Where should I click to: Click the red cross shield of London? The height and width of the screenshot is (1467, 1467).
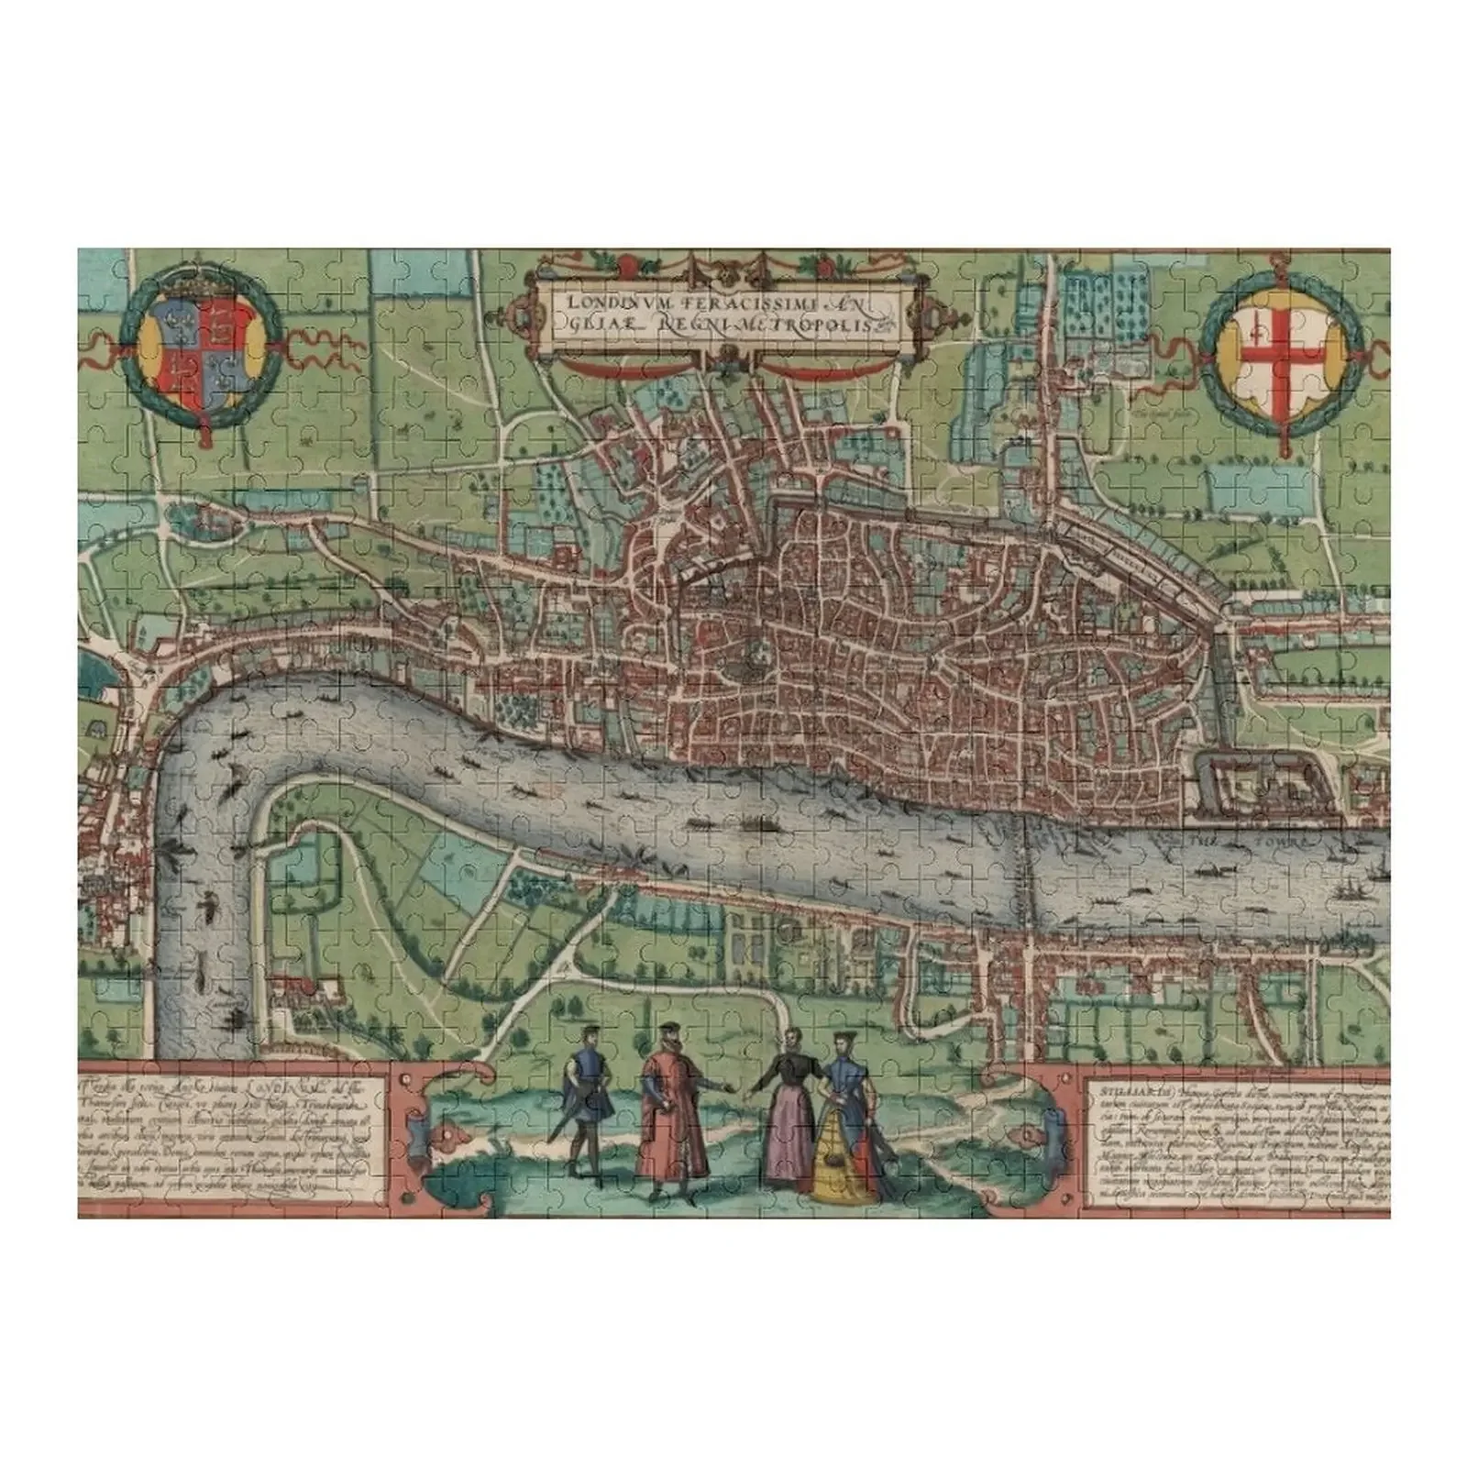click(1281, 348)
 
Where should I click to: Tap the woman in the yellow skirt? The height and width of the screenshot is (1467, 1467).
click(843, 1146)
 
